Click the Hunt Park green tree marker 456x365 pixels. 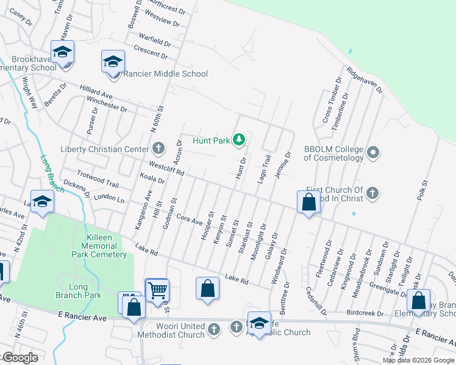tap(239, 141)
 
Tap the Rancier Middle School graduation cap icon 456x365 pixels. tap(113, 63)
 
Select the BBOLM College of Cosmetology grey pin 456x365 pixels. tap(374, 152)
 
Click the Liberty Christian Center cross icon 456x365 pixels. tap(158, 148)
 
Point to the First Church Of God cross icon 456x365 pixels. tap(373, 193)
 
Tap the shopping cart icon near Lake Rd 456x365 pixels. tap(157, 290)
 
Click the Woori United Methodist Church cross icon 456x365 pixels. tap(213, 329)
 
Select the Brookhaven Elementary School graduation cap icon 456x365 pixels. tap(62, 53)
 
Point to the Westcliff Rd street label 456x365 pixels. tap(167, 167)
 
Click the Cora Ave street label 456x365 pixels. tap(188, 218)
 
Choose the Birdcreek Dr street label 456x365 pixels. tap(363, 314)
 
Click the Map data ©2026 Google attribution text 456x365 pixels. tap(418, 360)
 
